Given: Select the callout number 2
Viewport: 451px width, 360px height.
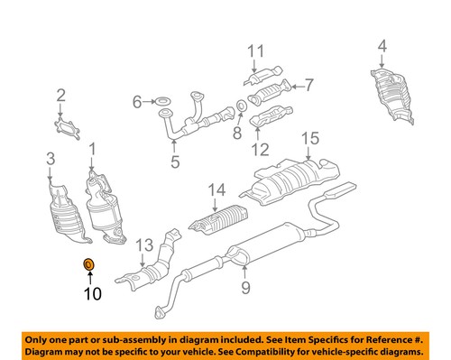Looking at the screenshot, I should click(61, 95).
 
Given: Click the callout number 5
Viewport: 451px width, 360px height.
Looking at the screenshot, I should click(175, 162).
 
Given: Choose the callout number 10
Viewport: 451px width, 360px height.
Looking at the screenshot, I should click(93, 293).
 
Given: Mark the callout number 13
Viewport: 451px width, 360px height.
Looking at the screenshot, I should click(145, 246).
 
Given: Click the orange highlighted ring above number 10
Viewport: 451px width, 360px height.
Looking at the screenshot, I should click(88, 264).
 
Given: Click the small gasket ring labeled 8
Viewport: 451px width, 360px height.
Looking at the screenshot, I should click(242, 109).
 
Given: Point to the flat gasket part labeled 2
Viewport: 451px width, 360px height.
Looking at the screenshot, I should click(62, 127).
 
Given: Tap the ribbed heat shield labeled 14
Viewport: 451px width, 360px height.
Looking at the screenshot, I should click(220, 221).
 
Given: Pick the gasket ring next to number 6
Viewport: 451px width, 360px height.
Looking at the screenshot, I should click(165, 102).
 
